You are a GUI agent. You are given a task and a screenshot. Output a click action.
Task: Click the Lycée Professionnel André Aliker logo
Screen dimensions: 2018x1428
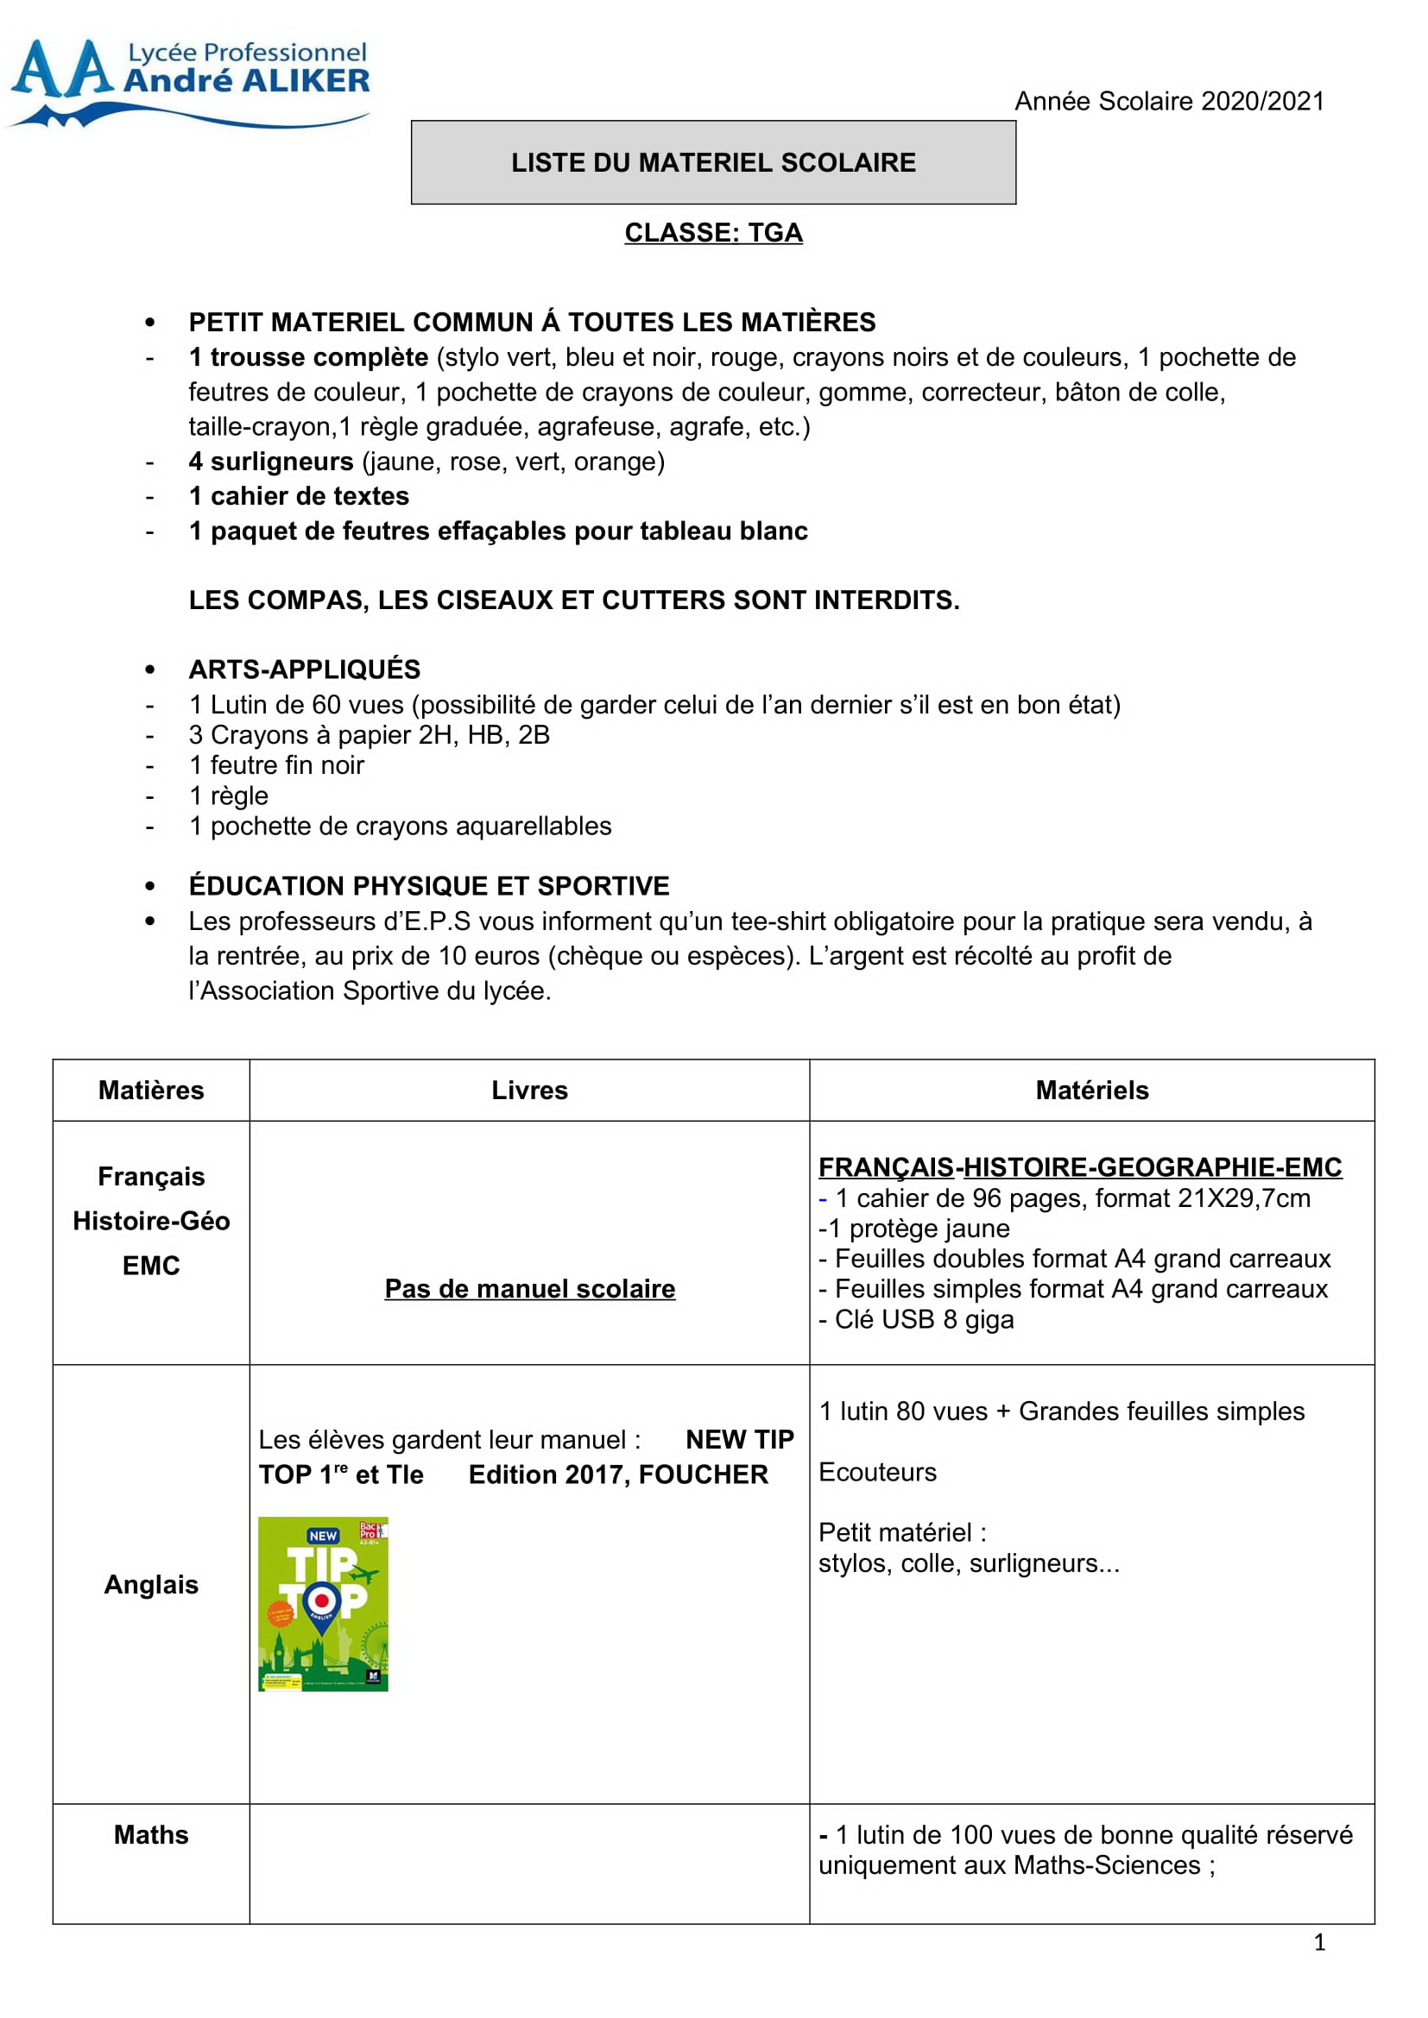coord(189,81)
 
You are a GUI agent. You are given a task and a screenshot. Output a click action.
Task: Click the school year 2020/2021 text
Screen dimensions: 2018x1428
coord(1169,101)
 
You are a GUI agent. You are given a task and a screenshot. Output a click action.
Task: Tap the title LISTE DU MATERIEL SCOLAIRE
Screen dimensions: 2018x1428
coord(713,162)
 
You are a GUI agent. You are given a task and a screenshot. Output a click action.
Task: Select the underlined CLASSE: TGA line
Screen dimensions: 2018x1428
coord(713,233)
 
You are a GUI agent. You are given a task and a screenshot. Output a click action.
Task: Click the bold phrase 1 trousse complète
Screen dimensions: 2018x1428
coord(308,358)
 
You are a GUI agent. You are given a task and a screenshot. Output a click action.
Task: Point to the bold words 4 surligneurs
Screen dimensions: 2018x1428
coord(271,462)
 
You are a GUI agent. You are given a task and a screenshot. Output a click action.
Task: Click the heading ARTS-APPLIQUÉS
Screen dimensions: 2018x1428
coord(304,670)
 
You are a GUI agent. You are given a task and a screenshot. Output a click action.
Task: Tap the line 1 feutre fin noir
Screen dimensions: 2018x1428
coord(276,765)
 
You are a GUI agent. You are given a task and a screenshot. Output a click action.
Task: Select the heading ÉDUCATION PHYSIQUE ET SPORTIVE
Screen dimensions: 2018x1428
coord(429,886)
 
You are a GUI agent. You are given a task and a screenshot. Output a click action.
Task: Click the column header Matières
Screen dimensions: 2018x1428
coord(151,1091)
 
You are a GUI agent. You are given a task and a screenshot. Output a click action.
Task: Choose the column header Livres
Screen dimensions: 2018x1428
coord(529,1091)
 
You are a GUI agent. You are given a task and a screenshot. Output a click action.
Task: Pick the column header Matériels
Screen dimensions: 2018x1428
coord(1092,1091)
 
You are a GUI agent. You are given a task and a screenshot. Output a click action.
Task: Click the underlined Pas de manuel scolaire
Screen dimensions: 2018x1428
coord(530,1289)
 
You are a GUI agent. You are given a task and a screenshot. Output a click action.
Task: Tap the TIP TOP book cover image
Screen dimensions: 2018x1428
coord(323,1604)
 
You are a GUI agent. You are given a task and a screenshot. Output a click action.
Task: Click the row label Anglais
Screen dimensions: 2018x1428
coord(151,1585)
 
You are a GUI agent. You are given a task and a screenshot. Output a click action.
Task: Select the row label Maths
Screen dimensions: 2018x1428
coord(151,1835)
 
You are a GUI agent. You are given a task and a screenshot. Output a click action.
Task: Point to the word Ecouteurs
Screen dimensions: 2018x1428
coord(877,1472)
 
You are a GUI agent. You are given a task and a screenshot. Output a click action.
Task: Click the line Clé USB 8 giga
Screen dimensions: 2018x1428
coord(923,1320)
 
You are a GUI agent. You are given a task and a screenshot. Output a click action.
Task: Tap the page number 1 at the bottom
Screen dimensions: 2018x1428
coord(1319,1942)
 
